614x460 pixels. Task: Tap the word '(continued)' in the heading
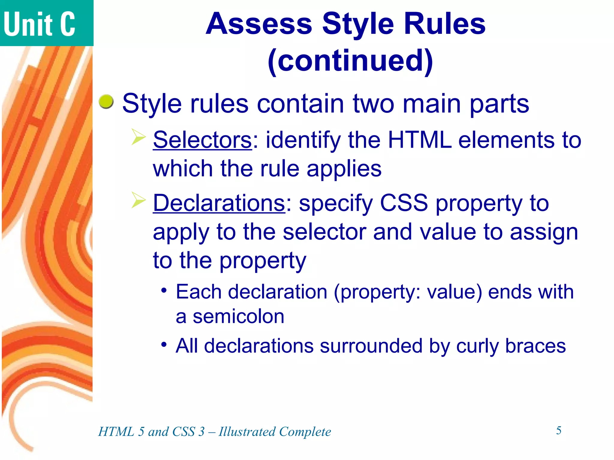[350, 61]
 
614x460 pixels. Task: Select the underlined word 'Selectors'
[202, 140]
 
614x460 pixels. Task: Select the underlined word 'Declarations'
[219, 203]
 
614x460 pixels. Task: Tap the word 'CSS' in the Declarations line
[404, 203]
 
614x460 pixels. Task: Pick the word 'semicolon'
[238, 317]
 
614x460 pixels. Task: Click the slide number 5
[559, 431]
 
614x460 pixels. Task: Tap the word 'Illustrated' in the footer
[247, 432]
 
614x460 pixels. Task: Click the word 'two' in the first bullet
[373, 104]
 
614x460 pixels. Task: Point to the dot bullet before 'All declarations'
[164, 344]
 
